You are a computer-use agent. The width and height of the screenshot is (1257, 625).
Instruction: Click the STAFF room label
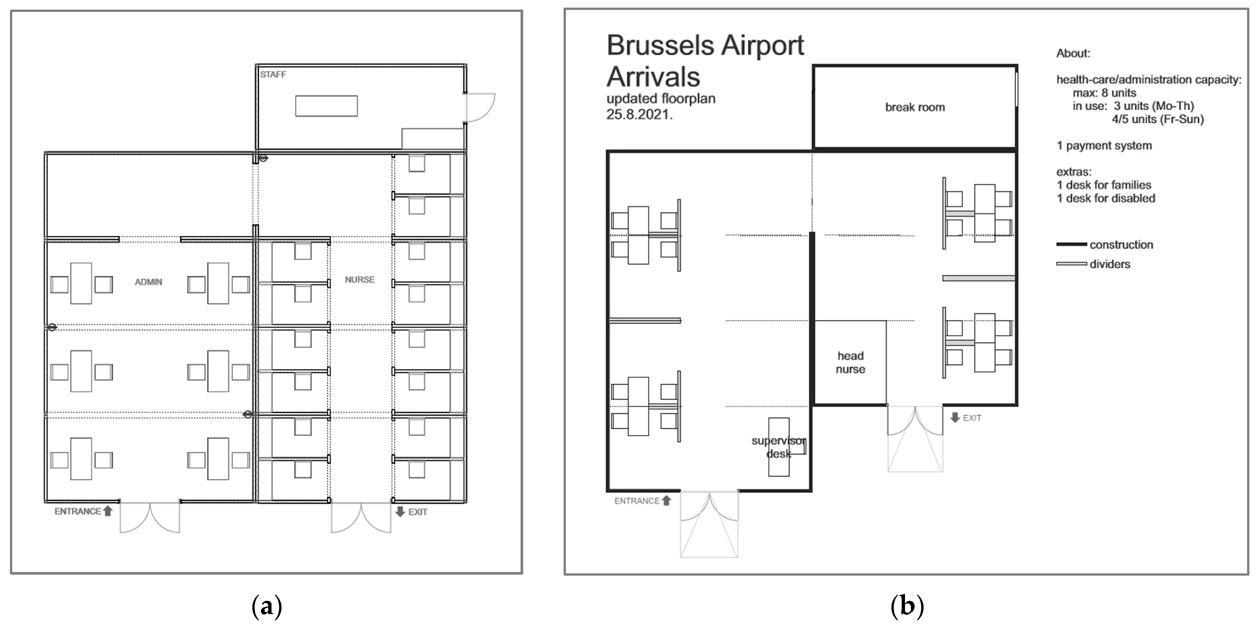[x=273, y=75]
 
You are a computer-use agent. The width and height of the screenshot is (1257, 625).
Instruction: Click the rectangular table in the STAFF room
[x=326, y=106]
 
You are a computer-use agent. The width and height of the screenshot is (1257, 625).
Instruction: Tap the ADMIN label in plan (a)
[x=148, y=282]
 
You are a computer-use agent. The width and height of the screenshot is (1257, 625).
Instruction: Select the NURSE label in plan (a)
[x=360, y=280]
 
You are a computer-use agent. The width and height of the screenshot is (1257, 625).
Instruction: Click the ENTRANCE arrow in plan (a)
[x=108, y=511]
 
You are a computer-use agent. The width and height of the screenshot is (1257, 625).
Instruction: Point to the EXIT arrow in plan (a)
[x=400, y=511]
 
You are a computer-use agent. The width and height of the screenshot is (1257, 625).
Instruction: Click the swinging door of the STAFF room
[x=479, y=107]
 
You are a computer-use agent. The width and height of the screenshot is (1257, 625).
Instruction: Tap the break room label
[x=915, y=107]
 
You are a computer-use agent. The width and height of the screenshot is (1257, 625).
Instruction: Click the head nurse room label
[x=850, y=362]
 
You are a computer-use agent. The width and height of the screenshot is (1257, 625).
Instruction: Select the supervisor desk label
[x=778, y=447]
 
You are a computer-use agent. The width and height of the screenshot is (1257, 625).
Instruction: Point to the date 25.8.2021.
[x=639, y=115]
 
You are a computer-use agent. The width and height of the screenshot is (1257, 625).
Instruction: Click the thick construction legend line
[x=1071, y=244]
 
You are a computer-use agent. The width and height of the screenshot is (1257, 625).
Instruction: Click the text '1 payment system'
[x=1104, y=145]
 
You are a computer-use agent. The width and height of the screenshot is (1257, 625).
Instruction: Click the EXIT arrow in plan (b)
[x=955, y=418]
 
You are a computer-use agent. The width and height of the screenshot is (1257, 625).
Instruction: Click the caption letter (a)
[x=267, y=606]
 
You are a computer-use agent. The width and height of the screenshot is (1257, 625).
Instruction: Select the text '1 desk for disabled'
[x=1106, y=198]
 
